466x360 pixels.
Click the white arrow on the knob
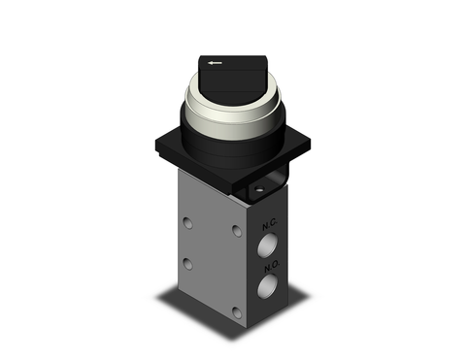point(214,65)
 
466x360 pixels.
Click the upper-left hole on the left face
point(188,223)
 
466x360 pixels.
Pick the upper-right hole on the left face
point(237,232)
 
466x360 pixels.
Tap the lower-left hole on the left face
point(188,264)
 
